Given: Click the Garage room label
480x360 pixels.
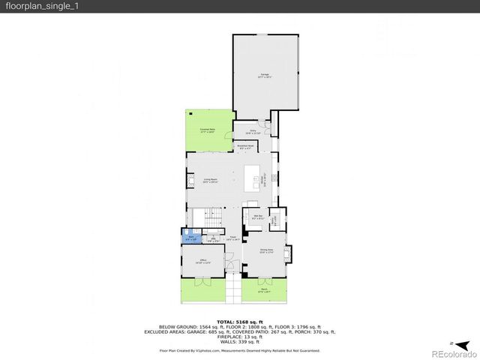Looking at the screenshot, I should coord(264,75).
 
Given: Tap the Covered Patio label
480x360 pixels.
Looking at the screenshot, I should coord(207,130).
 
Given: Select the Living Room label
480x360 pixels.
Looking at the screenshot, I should coord(210,180).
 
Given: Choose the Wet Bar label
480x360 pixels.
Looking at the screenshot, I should coord(257,217).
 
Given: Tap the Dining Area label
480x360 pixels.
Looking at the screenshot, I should coord(266,250).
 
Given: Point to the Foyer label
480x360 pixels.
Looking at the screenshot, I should coord(233,238).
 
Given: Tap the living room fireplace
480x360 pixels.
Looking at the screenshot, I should coord(188,180).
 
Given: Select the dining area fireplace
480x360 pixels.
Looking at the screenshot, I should coord(289,252).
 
